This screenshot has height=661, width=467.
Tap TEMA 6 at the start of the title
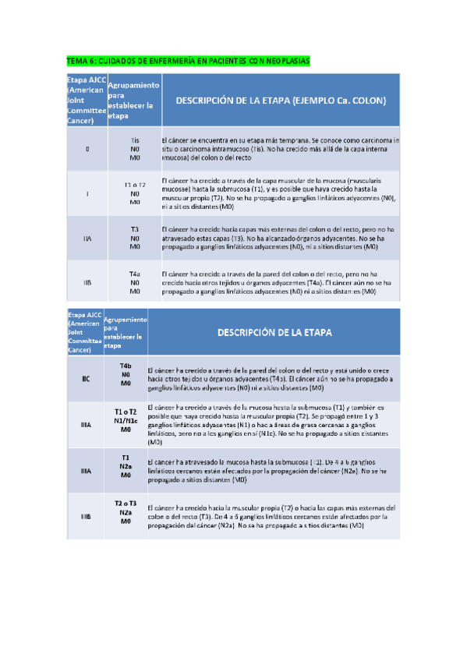pyautogui.click(x=79, y=60)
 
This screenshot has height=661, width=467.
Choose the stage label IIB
pyautogui.click(x=87, y=282)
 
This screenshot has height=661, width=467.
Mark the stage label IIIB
pyautogui.click(x=87, y=516)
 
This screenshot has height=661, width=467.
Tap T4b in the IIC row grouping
pyautogui.click(x=126, y=366)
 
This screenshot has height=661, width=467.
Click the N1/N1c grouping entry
pyautogui.click(x=126, y=420)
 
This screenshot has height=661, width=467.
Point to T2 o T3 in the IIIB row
pyautogui.click(x=126, y=504)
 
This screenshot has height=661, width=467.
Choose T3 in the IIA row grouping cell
pyautogui.click(x=134, y=230)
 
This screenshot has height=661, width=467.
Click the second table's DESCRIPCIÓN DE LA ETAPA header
pyautogui.click(x=274, y=332)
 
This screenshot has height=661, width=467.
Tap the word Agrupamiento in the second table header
pyautogui.click(x=126, y=320)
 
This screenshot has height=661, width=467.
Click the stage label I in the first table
pyautogui.click(x=87, y=193)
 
